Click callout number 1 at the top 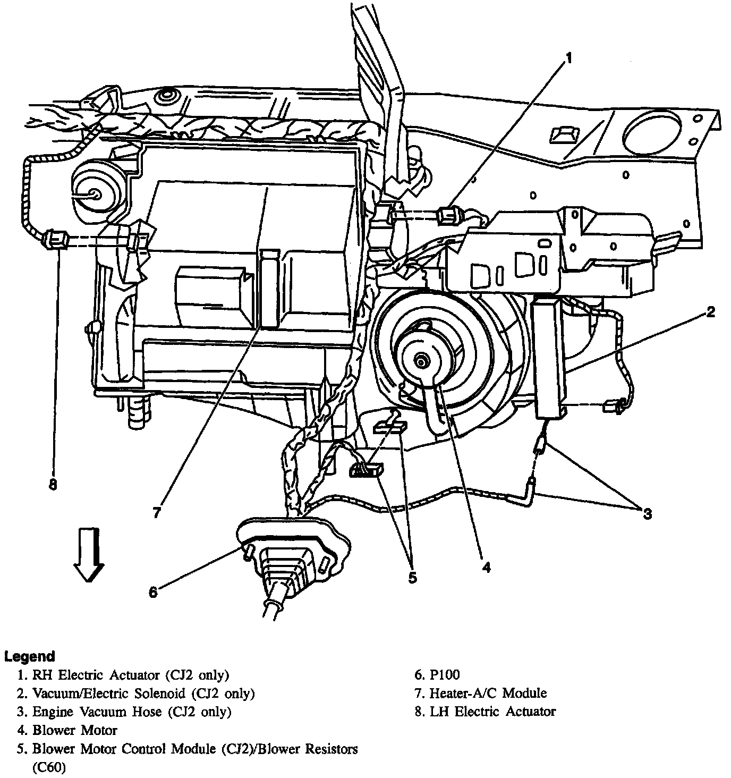(568, 58)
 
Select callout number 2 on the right (710, 312)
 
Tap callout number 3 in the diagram (647, 513)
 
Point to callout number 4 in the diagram (486, 567)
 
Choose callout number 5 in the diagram (413, 577)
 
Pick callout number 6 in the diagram (153, 592)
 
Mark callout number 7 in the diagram (156, 513)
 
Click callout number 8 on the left (53, 485)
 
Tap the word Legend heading (30, 656)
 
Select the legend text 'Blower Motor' (74, 730)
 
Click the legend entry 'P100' (444, 675)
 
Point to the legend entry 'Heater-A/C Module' (488, 693)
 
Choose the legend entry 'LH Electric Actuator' (492, 711)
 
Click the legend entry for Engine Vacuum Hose (132, 712)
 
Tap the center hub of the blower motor (421, 362)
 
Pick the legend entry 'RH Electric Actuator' (131, 675)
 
